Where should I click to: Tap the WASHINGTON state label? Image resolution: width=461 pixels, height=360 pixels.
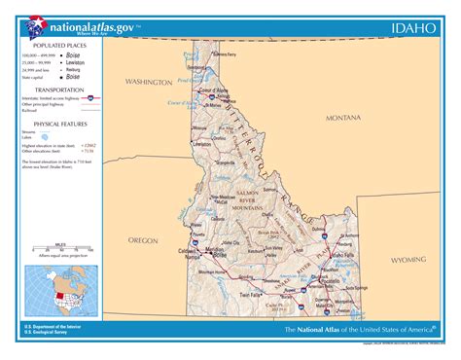pyautogui.click(x=147, y=83)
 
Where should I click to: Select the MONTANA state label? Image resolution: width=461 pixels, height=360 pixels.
pyautogui.click(x=342, y=117)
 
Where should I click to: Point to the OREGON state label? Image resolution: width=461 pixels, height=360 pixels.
pyautogui.click(x=143, y=238)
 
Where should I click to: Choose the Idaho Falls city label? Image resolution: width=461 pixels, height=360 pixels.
pyautogui.click(x=342, y=255)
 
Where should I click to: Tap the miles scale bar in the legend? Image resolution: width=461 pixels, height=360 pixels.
pyautogui.click(x=61, y=253)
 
